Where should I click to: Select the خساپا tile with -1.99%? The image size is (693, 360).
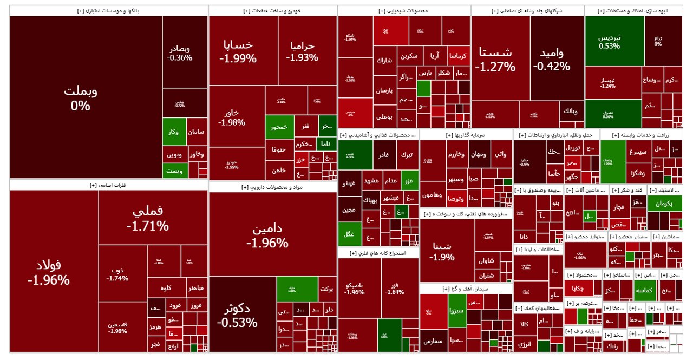click(238, 51)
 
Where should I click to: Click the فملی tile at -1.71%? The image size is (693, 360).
click(147, 218)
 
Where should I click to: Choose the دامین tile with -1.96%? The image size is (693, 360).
click(267, 235)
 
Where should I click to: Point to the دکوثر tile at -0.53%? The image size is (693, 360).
click(237, 316)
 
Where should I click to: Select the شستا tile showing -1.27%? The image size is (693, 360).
click(495, 60)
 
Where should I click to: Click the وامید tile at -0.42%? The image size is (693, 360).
click(551, 60)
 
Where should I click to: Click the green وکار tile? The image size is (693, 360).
click(174, 132)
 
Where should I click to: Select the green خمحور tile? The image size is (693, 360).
click(279, 127)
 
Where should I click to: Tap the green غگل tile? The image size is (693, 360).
click(349, 233)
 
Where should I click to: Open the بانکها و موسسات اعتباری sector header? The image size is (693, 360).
click(108, 11)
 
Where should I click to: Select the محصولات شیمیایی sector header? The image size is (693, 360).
click(403, 11)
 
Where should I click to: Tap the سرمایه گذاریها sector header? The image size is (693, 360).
click(466, 135)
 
